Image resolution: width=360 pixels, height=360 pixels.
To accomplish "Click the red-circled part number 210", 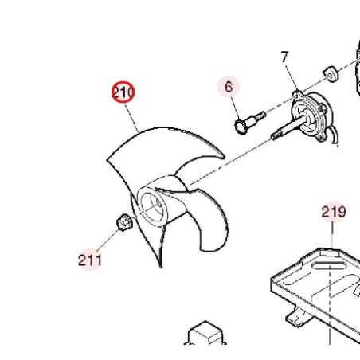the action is pyautogui.click(x=123, y=92).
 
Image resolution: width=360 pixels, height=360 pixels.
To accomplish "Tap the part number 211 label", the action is pyautogui.click(x=90, y=260).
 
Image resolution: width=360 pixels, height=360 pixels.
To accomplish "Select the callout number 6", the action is pyautogui.click(x=229, y=87).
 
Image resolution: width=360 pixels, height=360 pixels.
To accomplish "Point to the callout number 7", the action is pyautogui.click(x=284, y=57).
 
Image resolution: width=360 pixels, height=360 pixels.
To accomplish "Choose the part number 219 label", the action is pyautogui.click(x=334, y=212).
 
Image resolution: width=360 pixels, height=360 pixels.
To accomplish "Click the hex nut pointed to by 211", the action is pyautogui.click(x=124, y=222).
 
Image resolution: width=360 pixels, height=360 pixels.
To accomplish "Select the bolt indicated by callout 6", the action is pyautogui.click(x=249, y=123).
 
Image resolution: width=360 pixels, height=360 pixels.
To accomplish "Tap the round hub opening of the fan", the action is pyautogui.click(x=152, y=206).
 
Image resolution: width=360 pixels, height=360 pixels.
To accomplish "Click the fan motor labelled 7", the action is pyautogui.click(x=312, y=115).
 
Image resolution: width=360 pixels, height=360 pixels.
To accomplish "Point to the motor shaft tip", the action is pyautogui.click(x=273, y=136).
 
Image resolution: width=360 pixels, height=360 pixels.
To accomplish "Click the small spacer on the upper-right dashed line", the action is pyautogui.click(x=331, y=73).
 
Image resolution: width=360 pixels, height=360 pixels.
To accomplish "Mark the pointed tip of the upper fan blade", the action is pyautogui.click(x=224, y=158).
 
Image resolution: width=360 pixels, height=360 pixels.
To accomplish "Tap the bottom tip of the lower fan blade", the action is pyautogui.click(x=161, y=266).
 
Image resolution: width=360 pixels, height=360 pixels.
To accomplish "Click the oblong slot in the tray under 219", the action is pyautogui.click(x=329, y=265).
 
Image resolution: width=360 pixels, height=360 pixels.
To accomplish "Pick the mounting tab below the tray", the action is pyautogui.click(x=295, y=316).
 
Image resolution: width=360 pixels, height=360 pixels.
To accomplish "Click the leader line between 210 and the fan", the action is pyautogui.click(x=131, y=118).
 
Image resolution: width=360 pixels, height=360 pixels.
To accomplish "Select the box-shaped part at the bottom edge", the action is pyautogui.click(x=205, y=332).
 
